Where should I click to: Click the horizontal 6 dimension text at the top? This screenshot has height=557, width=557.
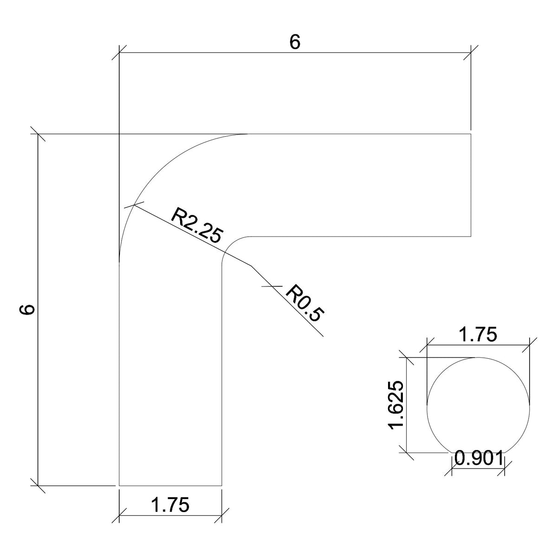click(295, 42)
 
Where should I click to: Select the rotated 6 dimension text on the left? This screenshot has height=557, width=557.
click(28, 310)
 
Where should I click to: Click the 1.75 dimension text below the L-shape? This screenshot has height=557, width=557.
click(171, 505)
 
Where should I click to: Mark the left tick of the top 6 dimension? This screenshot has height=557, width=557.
click(119, 52)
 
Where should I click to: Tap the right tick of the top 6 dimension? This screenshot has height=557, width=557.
click(471, 52)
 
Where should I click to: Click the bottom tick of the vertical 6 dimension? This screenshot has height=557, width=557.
click(38, 486)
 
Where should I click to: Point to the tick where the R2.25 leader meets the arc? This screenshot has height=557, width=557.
click(134, 204)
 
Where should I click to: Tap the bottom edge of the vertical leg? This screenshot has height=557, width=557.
click(171, 486)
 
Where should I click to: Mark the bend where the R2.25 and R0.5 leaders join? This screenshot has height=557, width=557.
click(251, 266)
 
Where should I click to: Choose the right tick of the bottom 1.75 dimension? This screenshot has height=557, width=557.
click(222, 515)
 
